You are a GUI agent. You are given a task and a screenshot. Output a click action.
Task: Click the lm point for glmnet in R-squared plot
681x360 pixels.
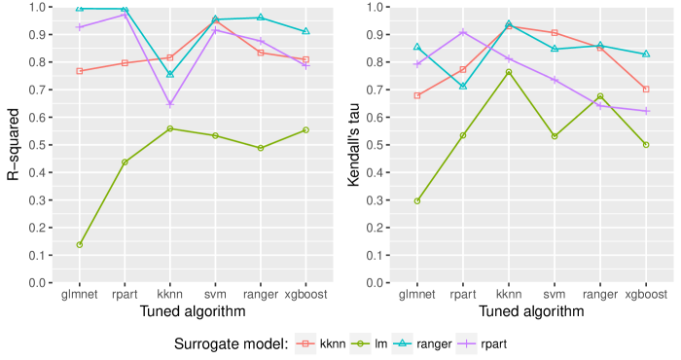click(x=79, y=245)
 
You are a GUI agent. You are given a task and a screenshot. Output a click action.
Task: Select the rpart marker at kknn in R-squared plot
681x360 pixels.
click(x=170, y=104)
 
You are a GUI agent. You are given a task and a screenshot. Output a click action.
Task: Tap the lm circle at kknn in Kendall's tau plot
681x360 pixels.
click(x=508, y=72)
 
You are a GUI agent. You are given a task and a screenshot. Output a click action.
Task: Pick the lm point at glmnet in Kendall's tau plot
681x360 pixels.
click(x=417, y=201)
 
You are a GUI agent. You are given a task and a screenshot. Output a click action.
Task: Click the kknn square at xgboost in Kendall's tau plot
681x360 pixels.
click(x=645, y=90)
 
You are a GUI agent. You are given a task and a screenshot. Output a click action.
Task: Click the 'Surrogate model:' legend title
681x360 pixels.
click(x=229, y=343)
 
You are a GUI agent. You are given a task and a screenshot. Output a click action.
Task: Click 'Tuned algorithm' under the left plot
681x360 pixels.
click(x=193, y=311)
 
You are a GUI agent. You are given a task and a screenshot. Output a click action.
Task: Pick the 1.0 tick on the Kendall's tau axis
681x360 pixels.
click(x=383, y=7)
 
